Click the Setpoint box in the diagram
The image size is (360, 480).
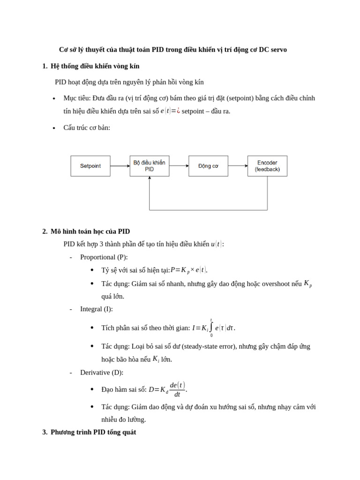click(x=90, y=166)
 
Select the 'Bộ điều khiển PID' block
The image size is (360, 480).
click(x=149, y=166)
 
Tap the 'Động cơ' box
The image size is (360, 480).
click(x=208, y=166)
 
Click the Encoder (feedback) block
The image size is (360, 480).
click(x=267, y=166)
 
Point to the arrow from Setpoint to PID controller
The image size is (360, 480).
click(x=120, y=166)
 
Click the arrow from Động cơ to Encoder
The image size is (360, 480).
click(x=238, y=166)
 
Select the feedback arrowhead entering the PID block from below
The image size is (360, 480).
click(x=150, y=179)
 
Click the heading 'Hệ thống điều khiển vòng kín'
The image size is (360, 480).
click(x=95, y=66)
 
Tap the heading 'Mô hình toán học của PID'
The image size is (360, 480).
click(x=90, y=231)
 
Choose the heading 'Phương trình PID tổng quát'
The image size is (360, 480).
click(x=93, y=432)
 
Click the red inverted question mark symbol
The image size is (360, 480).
click(x=178, y=111)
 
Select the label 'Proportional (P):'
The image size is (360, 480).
click(x=104, y=257)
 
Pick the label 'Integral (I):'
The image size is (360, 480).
click(x=97, y=309)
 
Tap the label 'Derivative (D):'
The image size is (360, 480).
click(x=102, y=372)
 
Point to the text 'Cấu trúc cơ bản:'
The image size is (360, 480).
click(x=87, y=127)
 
